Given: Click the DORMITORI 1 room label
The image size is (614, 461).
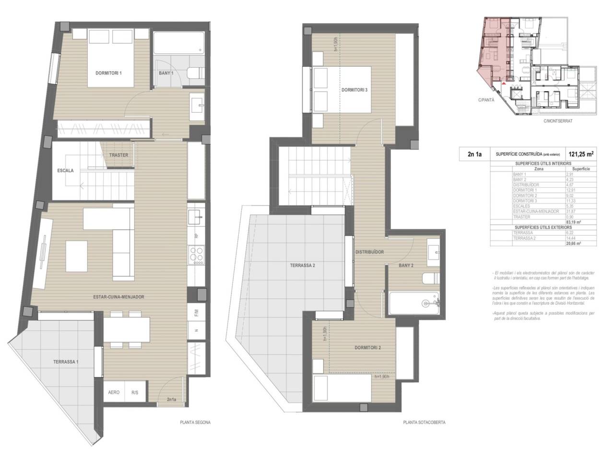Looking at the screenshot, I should (109, 73).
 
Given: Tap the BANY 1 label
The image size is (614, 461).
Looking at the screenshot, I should (166, 73).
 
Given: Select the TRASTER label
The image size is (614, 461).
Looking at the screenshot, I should (118, 155).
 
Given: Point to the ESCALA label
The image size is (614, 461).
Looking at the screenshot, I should (65, 170).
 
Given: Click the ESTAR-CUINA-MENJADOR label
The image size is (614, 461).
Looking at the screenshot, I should (118, 297).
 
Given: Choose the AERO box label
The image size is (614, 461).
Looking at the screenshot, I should (114, 392).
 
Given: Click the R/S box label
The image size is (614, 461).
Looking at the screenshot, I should (135, 392).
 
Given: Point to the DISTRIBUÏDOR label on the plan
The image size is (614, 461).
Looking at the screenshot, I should (369, 252).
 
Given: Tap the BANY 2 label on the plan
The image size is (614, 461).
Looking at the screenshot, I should (406, 265).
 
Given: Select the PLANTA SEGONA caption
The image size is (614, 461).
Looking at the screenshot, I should (195, 423).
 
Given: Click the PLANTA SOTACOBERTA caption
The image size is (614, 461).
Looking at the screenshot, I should (424, 423).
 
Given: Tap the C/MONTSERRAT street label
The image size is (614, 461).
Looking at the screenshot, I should (558, 121).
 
